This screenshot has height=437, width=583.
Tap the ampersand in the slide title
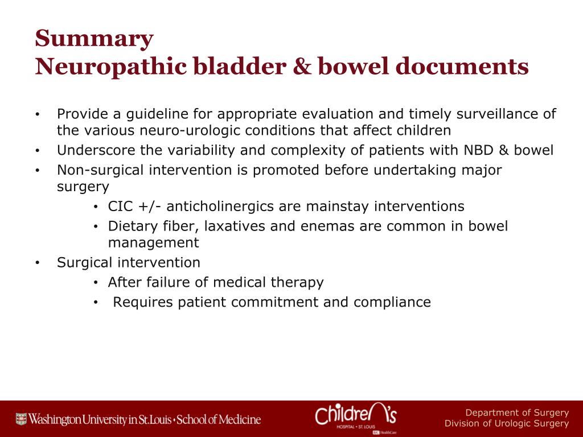click(302, 66)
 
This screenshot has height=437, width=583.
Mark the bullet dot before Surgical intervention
click(37, 263)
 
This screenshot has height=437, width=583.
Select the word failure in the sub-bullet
click(171, 282)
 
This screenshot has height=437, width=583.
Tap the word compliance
click(392, 303)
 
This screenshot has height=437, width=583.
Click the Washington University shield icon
click(21, 419)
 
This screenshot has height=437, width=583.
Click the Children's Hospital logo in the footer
click(356, 418)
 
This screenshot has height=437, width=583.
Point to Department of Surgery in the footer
click(517, 413)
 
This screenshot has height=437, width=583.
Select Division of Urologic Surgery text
click(507, 423)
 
